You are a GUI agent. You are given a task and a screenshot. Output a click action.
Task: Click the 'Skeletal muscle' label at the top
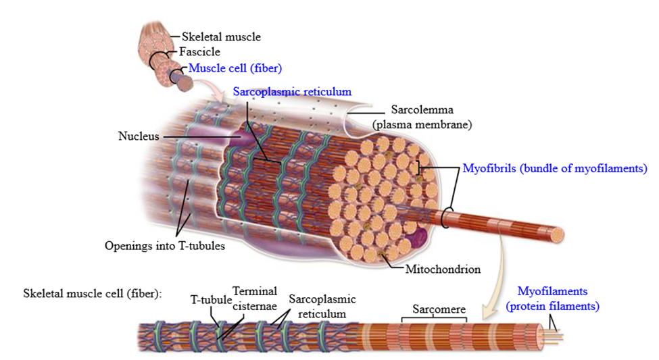point(221,37)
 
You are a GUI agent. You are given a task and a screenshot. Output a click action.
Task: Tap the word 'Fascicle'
point(199,51)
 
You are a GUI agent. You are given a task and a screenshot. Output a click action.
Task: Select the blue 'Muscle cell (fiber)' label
point(235,68)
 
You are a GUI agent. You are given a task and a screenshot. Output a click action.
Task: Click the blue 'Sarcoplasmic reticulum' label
point(292,92)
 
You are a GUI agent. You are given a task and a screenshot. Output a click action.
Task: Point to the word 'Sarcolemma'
point(422,109)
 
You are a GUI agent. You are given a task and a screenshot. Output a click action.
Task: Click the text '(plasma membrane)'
point(422,125)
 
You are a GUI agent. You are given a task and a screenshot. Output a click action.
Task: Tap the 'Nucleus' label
point(139,136)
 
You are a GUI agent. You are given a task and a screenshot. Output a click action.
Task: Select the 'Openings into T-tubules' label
point(165,246)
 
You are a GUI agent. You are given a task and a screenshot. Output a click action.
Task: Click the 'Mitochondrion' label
point(443,269)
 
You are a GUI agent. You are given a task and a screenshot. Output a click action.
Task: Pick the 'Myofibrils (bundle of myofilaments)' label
point(555,168)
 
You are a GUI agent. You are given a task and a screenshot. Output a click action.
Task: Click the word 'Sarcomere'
point(439,309)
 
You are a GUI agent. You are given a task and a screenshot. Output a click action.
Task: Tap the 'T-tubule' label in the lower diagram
point(211,299)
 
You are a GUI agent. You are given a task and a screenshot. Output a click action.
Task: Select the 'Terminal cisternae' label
point(255,299)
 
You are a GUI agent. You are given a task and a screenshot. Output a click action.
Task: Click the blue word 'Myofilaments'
point(552,291)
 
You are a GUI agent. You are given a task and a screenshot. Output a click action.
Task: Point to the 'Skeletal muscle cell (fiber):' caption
point(93,293)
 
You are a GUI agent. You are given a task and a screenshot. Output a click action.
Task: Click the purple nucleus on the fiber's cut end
point(416,238)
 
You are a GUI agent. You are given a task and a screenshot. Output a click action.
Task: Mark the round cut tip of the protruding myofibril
point(558,235)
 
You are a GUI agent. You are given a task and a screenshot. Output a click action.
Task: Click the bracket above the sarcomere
point(434,318)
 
